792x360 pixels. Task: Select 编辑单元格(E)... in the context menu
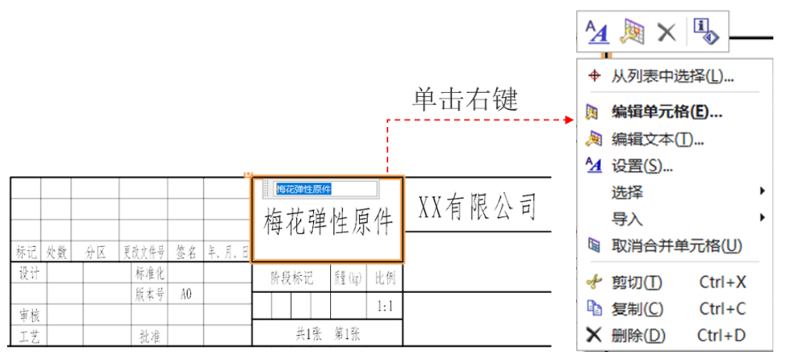pos(667,112)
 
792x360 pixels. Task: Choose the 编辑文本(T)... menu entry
pos(657,138)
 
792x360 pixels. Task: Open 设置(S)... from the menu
pos(642,166)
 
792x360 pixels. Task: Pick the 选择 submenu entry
pos(628,193)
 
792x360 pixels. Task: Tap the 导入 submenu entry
pos(628,218)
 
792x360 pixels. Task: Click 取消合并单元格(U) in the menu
pos(676,245)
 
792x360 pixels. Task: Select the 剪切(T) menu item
pos(637,282)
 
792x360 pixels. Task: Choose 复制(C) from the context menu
pos(637,308)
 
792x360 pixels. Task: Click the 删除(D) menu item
pos(638,335)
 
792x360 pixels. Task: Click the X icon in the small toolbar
pos(666,32)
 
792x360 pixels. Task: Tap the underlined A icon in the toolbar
pos(597,32)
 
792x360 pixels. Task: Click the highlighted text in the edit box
pos(304,188)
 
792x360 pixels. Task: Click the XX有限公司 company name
pos(477,207)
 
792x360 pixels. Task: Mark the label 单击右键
pos(464,99)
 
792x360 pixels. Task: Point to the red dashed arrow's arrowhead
pos(568,121)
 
